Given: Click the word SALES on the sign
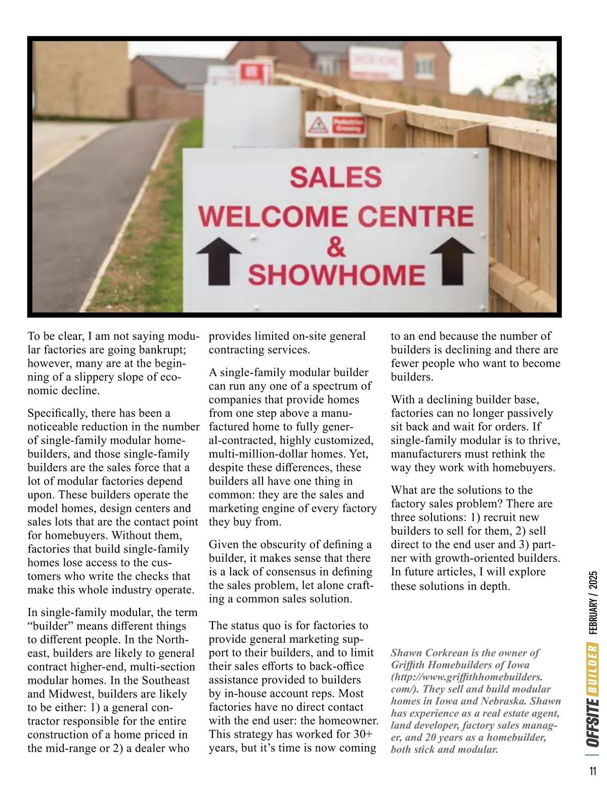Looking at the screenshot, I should click(x=335, y=178).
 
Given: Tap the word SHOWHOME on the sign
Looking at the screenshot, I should click(x=336, y=275).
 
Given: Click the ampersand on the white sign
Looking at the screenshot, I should click(x=336, y=248).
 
